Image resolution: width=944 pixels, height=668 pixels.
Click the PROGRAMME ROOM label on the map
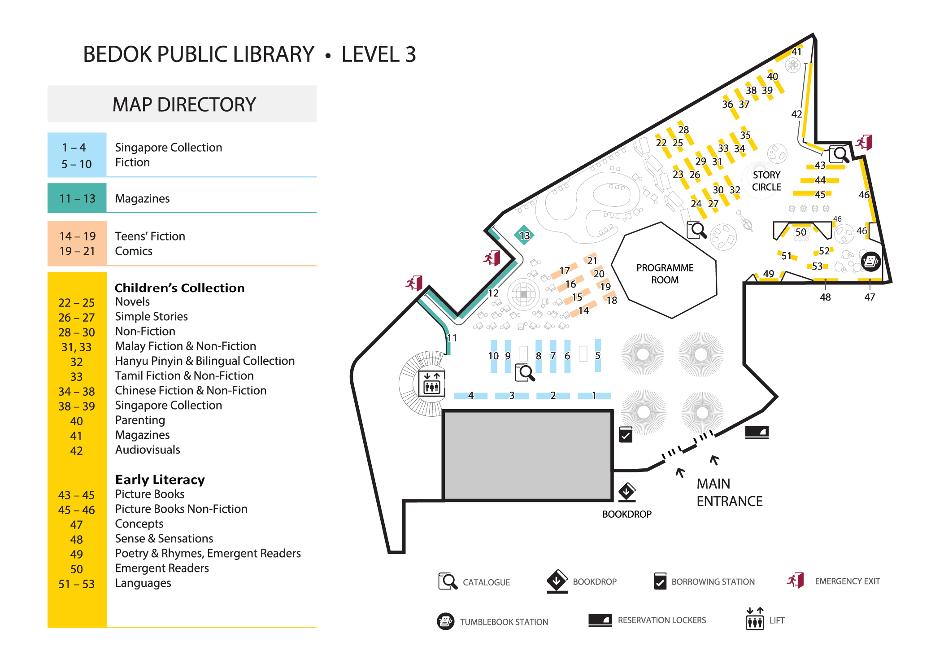pos(665,274)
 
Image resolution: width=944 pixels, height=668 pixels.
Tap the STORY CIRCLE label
pos(766,181)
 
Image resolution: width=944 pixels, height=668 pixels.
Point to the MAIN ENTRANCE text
pos(729,492)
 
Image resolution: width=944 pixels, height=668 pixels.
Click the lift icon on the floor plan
pos(431,383)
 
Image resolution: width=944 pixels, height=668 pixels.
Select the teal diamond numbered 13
pos(524,235)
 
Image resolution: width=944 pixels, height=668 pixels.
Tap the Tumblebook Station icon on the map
pos(870,261)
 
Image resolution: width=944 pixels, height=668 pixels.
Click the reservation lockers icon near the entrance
pos(757,432)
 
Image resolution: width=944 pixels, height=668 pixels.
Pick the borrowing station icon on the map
pos(626,435)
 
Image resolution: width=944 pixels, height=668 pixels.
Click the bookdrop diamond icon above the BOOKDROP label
pos(626,492)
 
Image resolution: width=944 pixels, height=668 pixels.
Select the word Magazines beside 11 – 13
pos(142,198)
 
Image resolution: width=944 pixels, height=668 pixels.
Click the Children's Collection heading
pos(179,288)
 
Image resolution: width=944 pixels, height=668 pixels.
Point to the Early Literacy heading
pos(160,480)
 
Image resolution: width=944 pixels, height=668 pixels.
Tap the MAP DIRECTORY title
pos(184,105)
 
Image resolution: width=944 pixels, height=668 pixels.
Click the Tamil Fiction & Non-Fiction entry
pos(184,375)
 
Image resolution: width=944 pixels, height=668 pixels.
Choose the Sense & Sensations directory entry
pos(164,538)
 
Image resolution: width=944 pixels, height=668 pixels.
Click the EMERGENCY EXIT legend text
pos(847,581)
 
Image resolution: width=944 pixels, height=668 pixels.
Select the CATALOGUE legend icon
pos(448,581)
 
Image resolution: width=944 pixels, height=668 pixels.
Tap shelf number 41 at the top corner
pos(796,52)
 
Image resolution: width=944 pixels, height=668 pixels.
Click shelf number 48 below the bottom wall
pos(825,297)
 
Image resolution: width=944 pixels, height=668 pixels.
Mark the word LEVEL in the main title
pos(371,54)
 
